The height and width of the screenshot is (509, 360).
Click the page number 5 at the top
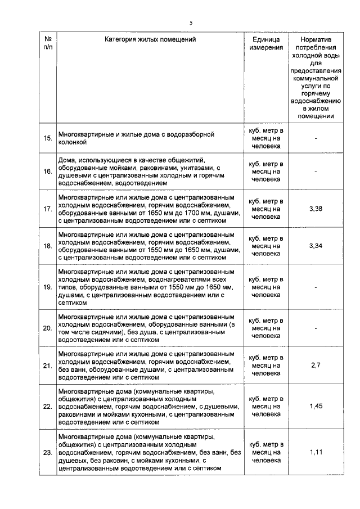[x=191, y=22]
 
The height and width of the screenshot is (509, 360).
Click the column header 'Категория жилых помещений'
[x=150, y=40]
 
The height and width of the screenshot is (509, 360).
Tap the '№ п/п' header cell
[x=48, y=44]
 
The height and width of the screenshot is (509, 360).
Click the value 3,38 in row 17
[x=317, y=209]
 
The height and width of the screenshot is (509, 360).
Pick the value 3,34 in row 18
[x=317, y=246]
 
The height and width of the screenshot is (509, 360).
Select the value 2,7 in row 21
[x=317, y=365]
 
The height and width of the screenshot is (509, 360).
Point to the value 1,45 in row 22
[x=317, y=406]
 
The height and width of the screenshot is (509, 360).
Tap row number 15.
[x=48, y=138]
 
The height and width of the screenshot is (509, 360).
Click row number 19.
[x=48, y=287]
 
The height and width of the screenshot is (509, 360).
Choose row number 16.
[x=48, y=171]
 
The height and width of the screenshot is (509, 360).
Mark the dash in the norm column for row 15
[x=317, y=138]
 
